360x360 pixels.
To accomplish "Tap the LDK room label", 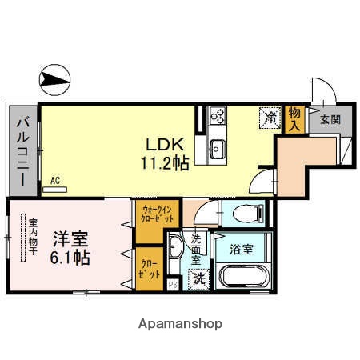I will coord(165,145).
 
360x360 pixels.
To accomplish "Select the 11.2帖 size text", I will coord(166,163).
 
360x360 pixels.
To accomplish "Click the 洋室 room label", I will coord(71,238).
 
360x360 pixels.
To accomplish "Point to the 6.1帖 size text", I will coord(71,258).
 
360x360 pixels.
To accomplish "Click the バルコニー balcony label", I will coord(22,150).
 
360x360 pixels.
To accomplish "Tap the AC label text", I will coord(55,182).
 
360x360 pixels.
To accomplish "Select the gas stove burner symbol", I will coord(218,118).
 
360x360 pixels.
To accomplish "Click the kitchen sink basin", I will coord(218,148).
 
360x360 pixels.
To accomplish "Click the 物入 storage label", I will coord(295,118).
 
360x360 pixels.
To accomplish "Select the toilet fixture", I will coord(244,214).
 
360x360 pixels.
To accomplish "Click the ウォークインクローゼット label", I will coord(158,214).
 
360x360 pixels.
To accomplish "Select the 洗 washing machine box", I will coord(198,280).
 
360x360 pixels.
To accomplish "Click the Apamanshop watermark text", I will coord(180,325).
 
